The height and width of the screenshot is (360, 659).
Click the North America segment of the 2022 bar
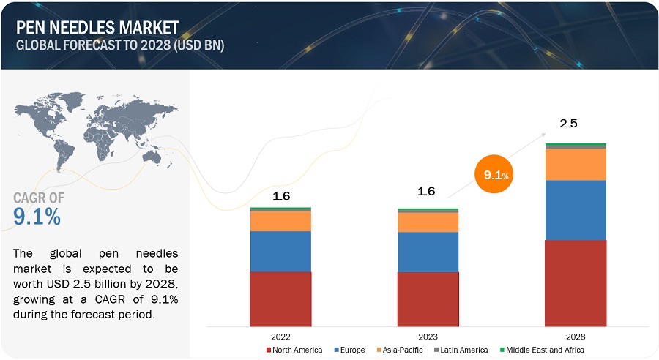coord(280,299)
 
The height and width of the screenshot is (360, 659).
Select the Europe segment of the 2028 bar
coord(576,210)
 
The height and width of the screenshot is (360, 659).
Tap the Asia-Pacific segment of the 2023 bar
coord(428,222)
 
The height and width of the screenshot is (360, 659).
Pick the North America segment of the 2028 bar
coord(576,282)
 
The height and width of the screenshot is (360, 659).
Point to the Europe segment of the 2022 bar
coord(280,251)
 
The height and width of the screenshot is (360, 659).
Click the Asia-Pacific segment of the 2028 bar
coord(576,164)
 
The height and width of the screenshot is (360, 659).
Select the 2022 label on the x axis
coord(280,337)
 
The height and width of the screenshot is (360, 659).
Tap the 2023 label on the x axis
coord(428,337)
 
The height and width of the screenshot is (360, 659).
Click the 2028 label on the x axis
coord(576,337)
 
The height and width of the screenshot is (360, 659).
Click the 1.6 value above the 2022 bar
coord(281,195)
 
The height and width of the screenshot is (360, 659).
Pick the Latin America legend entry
coord(464,350)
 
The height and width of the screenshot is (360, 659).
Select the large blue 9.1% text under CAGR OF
coord(37,217)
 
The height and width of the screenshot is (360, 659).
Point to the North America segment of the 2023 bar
coord(428,299)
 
